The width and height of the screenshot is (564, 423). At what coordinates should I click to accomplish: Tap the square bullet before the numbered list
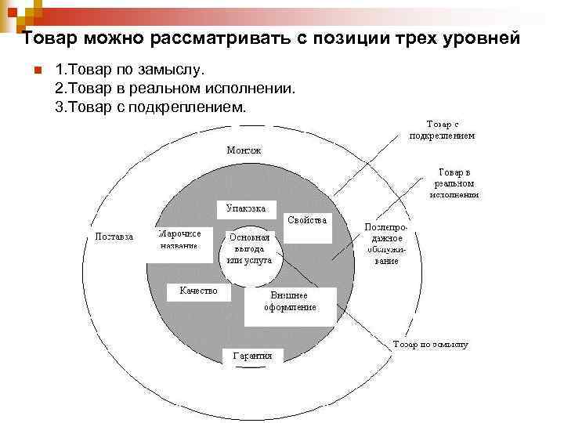36,72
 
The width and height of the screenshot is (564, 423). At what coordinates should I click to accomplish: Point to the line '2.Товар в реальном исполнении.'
175,89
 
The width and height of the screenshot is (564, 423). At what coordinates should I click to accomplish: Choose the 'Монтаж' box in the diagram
244,150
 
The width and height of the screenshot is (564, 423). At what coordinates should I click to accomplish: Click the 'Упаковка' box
246,209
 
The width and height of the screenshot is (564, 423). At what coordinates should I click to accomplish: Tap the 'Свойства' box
307,220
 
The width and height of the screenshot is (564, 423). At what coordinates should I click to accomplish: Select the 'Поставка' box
114,236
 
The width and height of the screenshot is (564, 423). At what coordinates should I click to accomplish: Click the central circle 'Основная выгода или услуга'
249,248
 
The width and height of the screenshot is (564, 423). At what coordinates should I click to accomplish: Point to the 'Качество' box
199,291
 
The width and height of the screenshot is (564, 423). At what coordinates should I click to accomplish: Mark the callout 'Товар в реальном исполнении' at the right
454,183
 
